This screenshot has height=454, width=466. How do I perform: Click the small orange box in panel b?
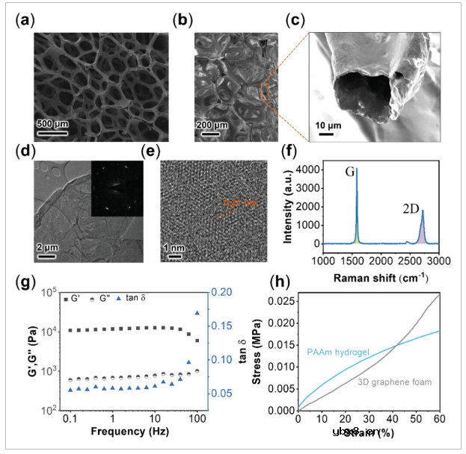(265, 92)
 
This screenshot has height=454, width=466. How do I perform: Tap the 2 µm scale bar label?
(49, 246)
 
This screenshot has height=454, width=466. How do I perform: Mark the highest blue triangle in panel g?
(197, 313)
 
